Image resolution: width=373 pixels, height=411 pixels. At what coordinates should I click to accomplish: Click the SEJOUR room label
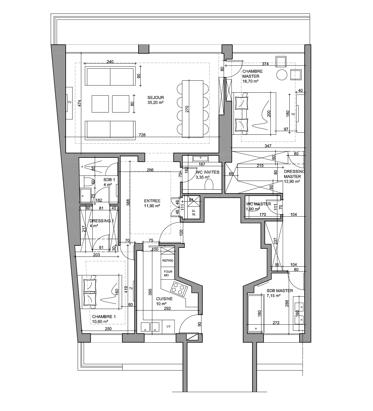(x=156, y=97)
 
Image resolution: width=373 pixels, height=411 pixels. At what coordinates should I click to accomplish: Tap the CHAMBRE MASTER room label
(x=252, y=74)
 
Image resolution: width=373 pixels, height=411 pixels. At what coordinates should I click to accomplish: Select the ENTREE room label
(x=152, y=201)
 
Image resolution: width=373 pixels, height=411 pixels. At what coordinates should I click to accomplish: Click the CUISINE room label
(x=164, y=299)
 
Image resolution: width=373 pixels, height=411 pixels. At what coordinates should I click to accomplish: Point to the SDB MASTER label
(x=280, y=291)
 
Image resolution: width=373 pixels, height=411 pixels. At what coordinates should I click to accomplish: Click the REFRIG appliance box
(x=168, y=260)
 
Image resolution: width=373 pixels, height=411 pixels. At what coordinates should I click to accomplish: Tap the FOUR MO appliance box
(x=168, y=273)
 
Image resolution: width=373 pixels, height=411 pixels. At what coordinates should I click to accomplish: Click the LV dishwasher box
(x=169, y=326)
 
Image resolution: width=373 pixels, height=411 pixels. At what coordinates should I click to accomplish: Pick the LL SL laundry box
(x=194, y=212)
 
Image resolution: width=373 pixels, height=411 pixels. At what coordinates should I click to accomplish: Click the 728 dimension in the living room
(x=142, y=135)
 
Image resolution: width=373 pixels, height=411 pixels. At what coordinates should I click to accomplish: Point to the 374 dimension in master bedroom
(x=265, y=64)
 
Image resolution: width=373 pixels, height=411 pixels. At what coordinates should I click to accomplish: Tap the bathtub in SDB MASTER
(x=256, y=313)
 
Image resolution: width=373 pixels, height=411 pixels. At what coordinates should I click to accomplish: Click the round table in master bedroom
(x=282, y=75)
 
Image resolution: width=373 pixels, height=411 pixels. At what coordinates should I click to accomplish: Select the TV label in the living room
(x=70, y=103)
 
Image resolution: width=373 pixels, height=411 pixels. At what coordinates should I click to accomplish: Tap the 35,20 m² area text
(x=155, y=103)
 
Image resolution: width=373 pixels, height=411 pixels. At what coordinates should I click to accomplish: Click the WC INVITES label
(x=207, y=172)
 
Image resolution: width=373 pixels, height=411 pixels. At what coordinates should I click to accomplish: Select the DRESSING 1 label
(x=102, y=221)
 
